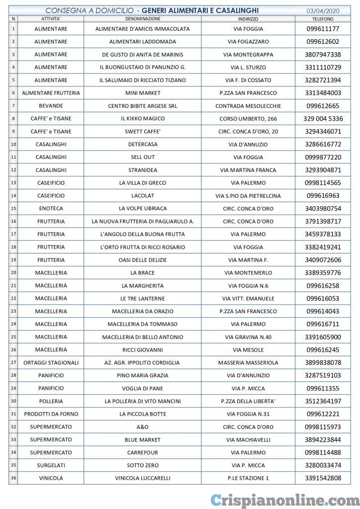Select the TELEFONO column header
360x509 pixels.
tap(323, 18)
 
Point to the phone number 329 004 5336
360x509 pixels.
tap(323, 119)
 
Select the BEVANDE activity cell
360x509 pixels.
tap(51, 106)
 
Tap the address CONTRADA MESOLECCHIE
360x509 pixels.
tap(248, 106)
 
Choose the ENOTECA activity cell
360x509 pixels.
tap(51, 208)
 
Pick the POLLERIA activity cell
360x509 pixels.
tap(51, 401)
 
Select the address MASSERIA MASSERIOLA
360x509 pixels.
tap(248, 363)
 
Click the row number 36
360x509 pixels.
tap(13, 478)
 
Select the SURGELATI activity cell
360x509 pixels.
tap(51, 465)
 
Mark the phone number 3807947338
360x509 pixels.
tap(323, 55)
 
